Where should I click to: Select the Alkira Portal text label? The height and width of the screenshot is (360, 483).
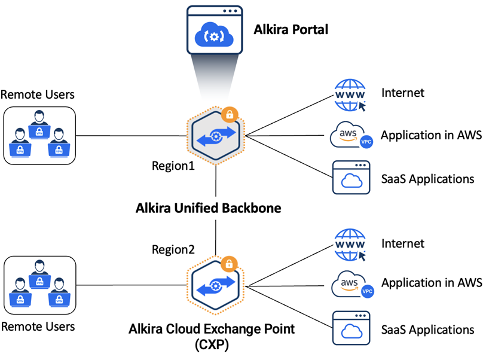point(291,29)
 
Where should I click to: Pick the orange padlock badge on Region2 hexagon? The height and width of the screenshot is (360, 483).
point(228,263)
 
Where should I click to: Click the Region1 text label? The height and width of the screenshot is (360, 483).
point(173,166)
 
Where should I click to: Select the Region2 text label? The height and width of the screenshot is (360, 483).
point(173,249)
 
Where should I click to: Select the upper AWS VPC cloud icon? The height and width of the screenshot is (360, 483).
point(351,135)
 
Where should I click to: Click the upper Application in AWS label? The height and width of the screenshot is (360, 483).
point(431,135)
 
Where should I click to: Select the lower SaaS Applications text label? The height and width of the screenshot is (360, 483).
point(428,329)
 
